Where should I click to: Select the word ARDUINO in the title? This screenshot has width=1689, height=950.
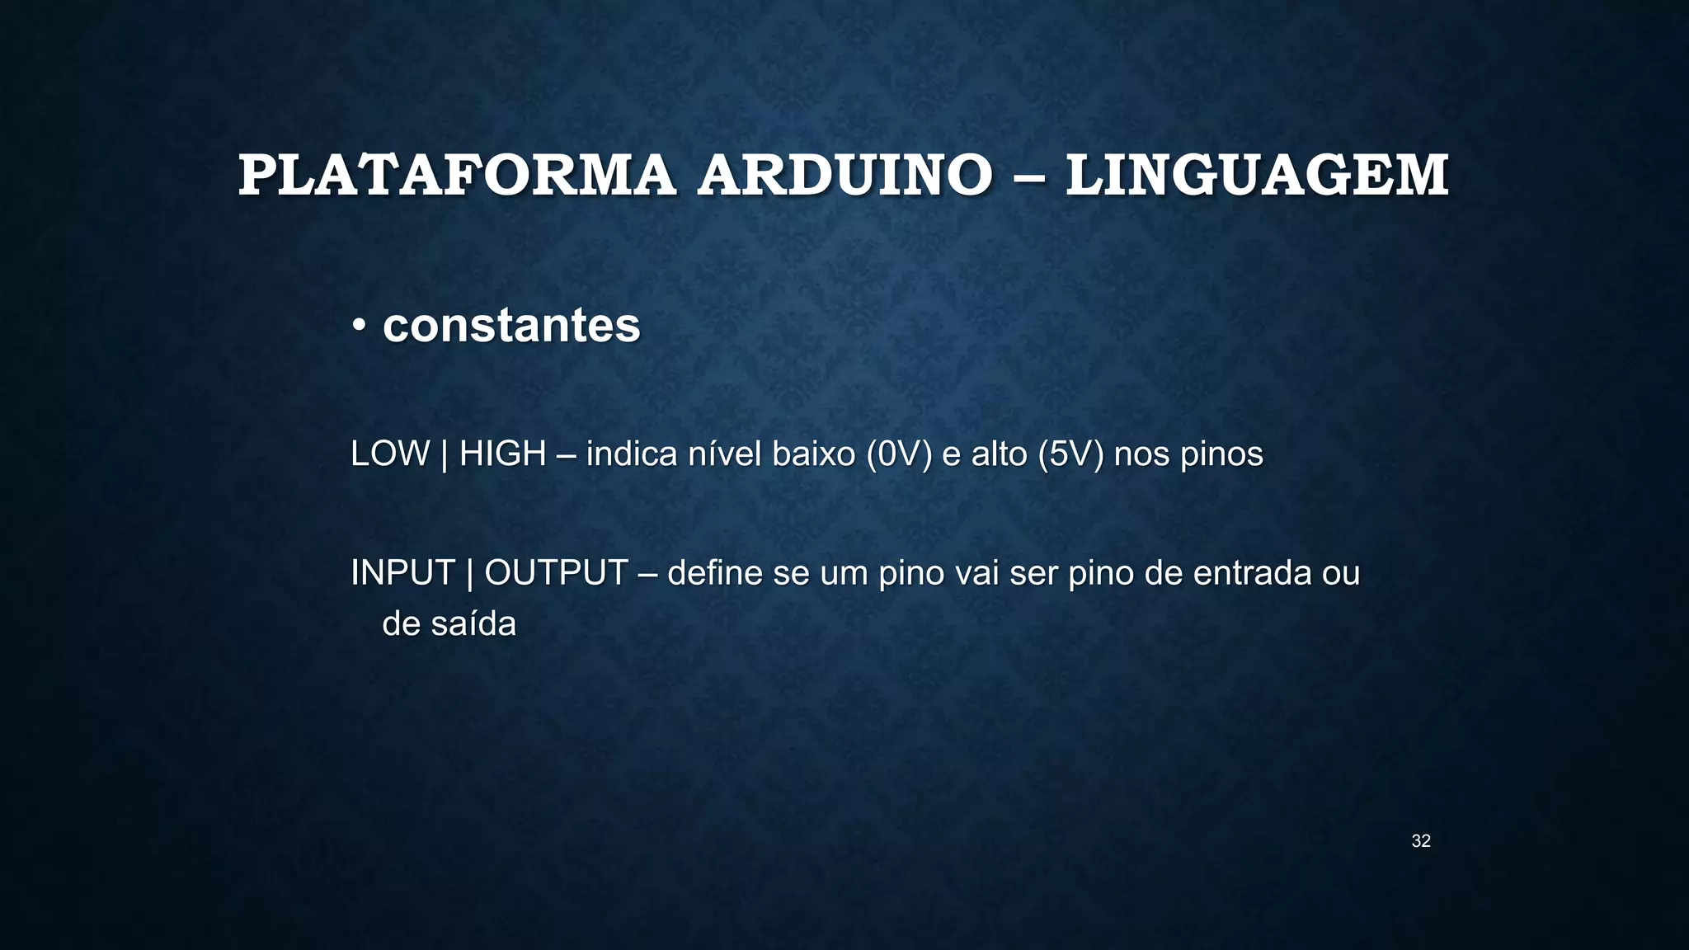[x=844, y=176]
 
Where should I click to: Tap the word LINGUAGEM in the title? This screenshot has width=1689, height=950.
[x=1257, y=176]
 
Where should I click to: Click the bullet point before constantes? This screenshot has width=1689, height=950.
[x=359, y=327]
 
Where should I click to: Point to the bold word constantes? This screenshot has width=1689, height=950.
[x=511, y=326]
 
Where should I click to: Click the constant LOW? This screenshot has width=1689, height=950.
[x=390, y=454]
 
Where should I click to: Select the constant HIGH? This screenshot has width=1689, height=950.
[x=503, y=454]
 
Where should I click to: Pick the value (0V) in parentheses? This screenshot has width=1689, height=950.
[x=899, y=454]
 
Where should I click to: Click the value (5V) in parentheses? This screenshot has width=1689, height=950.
[x=1070, y=454]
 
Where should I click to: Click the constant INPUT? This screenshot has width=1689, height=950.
[x=403, y=573]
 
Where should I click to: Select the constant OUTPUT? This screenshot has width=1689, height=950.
[x=557, y=573]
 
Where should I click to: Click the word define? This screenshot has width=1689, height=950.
[x=715, y=573]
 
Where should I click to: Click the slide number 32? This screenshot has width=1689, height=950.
[x=1421, y=841]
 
